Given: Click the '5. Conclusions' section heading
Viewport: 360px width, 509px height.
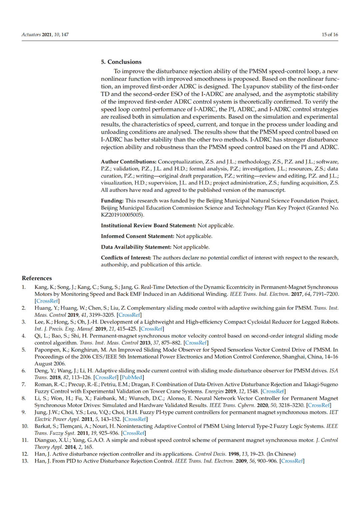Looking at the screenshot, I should [x=121, y=62].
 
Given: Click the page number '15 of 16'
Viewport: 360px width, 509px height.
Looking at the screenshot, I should [x=330, y=35].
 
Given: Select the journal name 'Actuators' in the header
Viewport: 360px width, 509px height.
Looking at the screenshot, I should [x=31, y=35].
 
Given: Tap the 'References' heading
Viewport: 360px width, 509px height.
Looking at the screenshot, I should [x=37, y=278].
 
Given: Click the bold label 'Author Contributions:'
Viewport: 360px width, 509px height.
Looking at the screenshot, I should [x=128, y=162].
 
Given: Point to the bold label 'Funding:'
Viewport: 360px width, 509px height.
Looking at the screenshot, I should [x=112, y=201].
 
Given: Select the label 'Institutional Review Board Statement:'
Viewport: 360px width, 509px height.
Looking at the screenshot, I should [x=148, y=226].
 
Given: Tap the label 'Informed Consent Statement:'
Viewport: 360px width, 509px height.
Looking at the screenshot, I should [x=137, y=236].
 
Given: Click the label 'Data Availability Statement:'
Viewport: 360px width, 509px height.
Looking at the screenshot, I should [x=136, y=247].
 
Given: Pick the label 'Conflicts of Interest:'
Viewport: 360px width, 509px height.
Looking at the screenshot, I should [x=126, y=258].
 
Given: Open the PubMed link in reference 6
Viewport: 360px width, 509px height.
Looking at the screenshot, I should [x=132, y=377].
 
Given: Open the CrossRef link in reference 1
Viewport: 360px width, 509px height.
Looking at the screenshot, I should [x=47, y=301].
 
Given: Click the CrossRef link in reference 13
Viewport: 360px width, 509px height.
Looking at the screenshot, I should [x=292, y=461].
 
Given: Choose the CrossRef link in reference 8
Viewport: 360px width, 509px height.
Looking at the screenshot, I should [x=319, y=405].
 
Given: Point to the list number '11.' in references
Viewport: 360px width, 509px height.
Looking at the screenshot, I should [x=25, y=440].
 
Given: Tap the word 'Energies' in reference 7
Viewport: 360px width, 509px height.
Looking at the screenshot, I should [x=214, y=391].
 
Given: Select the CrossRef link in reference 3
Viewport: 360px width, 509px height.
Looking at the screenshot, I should [x=152, y=329].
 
